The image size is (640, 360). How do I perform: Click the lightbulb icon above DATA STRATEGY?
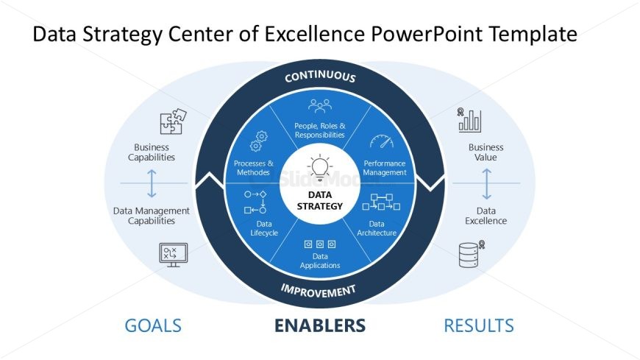click(x=319, y=168)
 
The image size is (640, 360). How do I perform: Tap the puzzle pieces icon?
click(x=173, y=121)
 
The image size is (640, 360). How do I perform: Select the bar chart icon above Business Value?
click(x=469, y=120)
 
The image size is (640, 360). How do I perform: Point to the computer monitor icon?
click(x=174, y=255)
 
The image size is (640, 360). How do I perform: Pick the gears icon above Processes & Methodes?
click(x=259, y=141)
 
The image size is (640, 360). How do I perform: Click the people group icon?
click(x=320, y=106)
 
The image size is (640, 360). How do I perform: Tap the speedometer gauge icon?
click(x=382, y=141)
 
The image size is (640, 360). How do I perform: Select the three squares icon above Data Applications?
click(x=320, y=244)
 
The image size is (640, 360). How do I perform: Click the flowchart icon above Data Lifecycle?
click(x=255, y=202)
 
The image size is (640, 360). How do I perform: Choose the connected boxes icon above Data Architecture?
click(x=381, y=202)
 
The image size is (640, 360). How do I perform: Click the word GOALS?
click(x=153, y=325)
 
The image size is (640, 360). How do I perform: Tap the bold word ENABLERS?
click(x=320, y=325)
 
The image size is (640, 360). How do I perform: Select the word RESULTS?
click(x=479, y=325)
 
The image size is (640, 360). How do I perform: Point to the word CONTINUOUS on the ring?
click(x=320, y=77)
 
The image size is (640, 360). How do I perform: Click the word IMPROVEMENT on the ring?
click(x=319, y=291)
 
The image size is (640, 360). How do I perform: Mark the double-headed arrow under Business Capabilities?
click(x=152, y=183)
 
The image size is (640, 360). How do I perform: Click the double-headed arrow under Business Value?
click(x=486, y=184)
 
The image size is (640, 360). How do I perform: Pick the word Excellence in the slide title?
click(x=314, y=34)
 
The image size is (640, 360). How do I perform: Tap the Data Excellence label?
click(x=486, y=216)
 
